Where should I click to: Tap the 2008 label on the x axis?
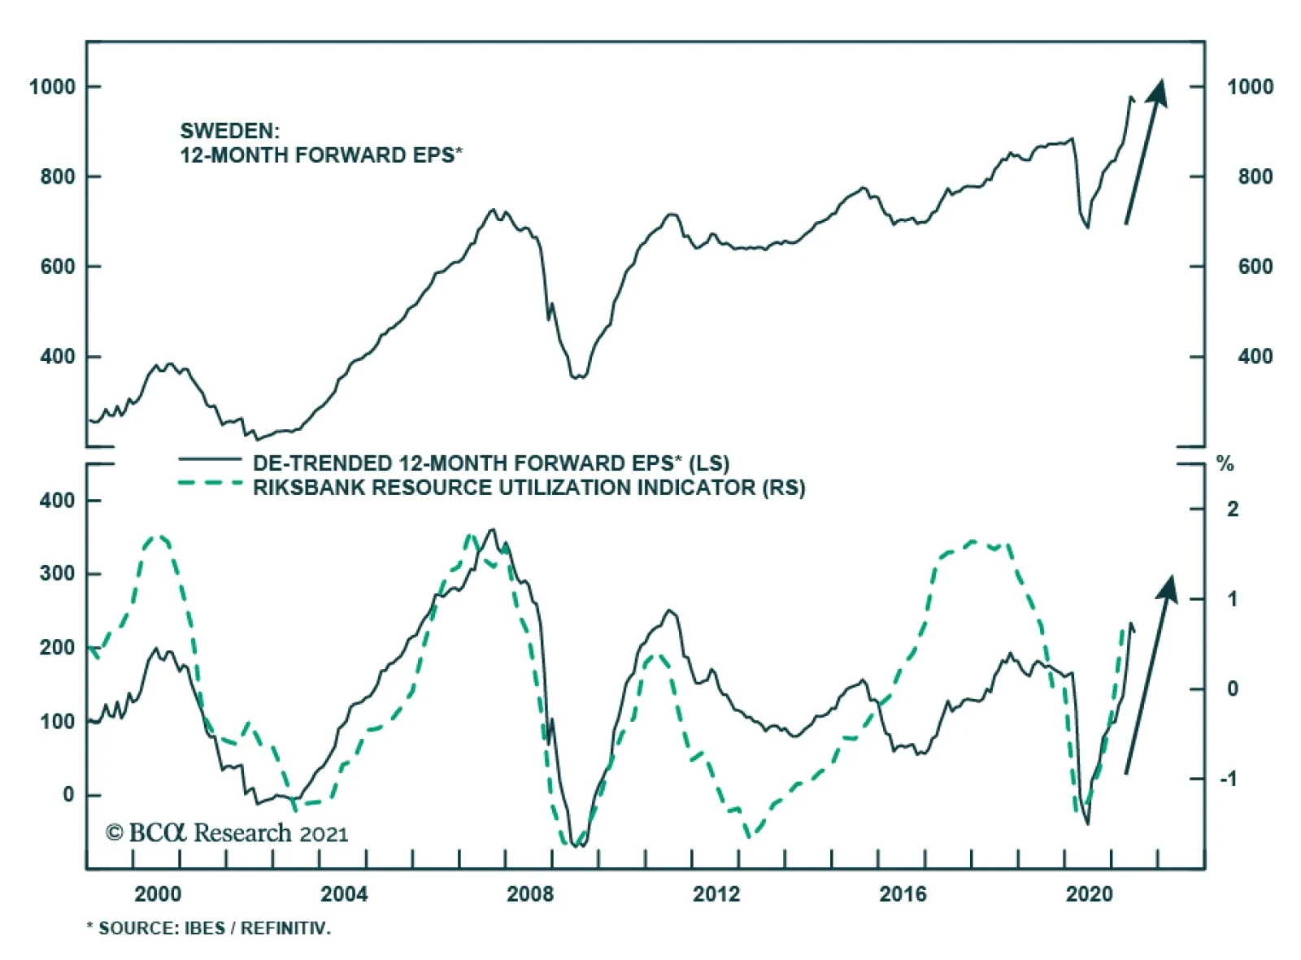click(529, 894)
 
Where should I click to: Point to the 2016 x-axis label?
click(902, 894)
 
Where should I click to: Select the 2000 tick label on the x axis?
click(158, 894)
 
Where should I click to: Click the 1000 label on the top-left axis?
click(52, 87)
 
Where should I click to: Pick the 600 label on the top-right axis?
click(1255, 267)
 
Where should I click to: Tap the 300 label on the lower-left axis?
click(57, 574)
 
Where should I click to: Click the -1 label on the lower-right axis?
click(1228, 779)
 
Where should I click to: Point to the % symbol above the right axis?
click(1225, 465)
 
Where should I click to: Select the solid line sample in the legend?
click(210, 460)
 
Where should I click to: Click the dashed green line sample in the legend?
click(210, 484)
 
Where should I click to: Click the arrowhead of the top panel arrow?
click(1157, 91)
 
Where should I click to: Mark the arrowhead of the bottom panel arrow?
click(1168, 589)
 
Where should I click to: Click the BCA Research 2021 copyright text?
click(227, 833)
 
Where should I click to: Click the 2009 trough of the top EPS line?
click(578, 377)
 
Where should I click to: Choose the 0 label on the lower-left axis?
click(68, 795)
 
